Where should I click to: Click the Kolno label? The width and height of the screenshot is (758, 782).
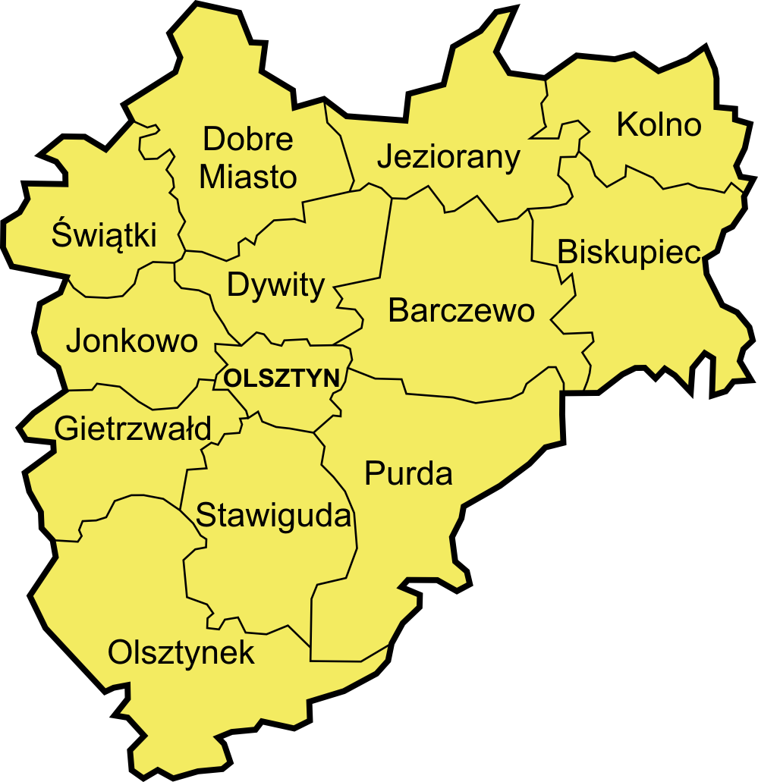coord(659,124)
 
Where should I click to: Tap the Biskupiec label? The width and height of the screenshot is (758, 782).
coord(628,253)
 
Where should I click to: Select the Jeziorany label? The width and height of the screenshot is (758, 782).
coord(448,157)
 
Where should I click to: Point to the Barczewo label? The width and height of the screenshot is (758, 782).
coord(461,310)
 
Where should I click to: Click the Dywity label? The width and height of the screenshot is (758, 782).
coord(276,287)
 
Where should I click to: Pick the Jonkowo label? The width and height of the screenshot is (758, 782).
coord(132,341)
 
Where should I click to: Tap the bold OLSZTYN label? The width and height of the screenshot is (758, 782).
coord(282,378)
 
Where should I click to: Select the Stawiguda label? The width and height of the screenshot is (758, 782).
coord(275,517)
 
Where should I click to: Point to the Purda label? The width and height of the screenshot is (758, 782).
coord(408,474)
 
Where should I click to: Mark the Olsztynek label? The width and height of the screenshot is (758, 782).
coord(181,652)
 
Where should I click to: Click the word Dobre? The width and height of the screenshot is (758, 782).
coord(249,140)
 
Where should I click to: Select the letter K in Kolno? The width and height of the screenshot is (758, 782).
coord(626,124)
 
